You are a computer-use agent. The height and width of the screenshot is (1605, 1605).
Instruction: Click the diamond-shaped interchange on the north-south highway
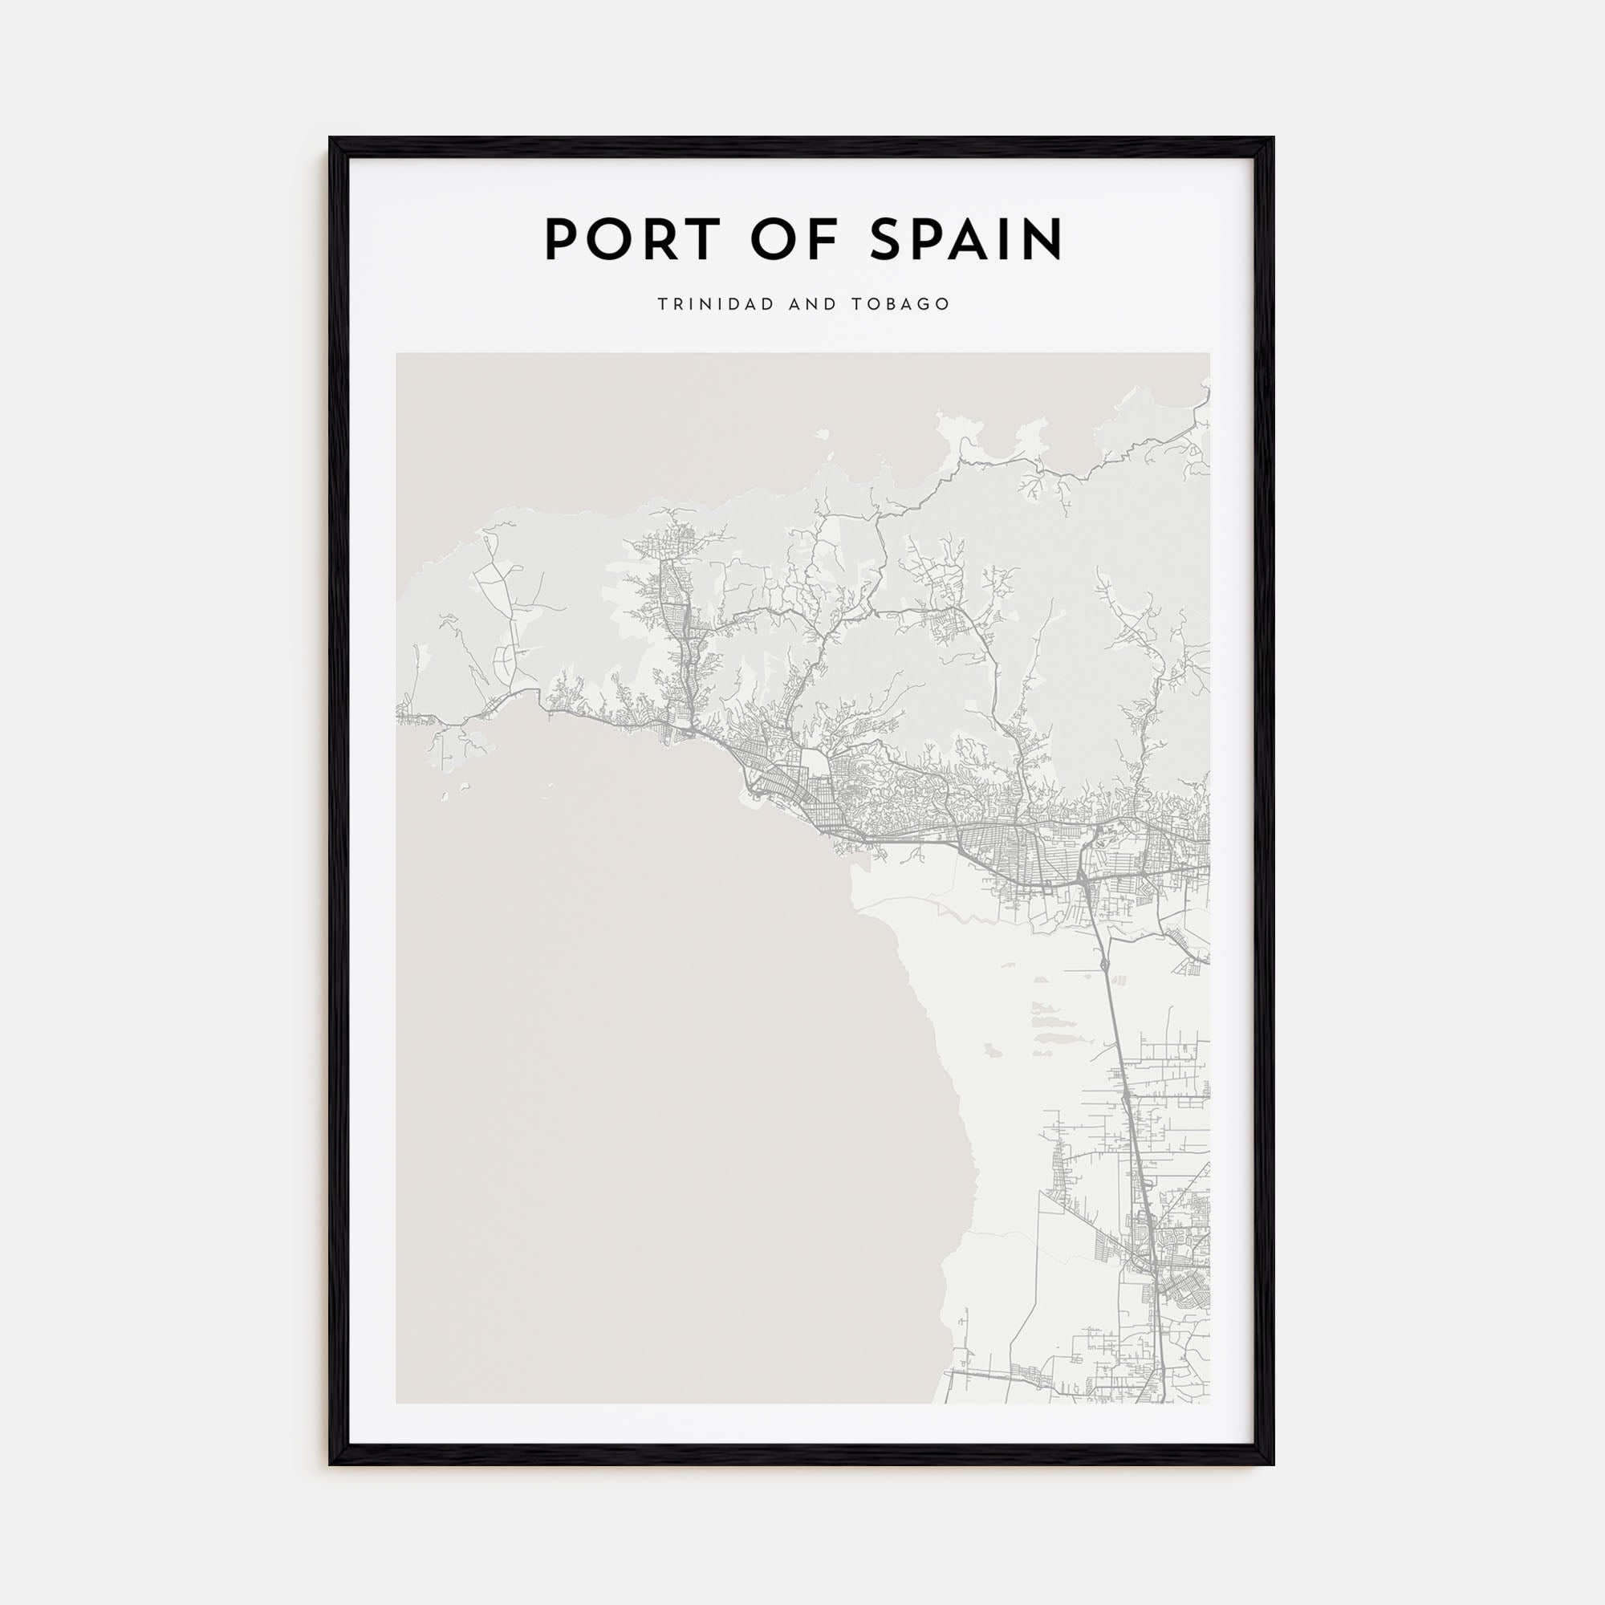(1103, 963)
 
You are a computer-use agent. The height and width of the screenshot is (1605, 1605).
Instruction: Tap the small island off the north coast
(823, 433)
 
